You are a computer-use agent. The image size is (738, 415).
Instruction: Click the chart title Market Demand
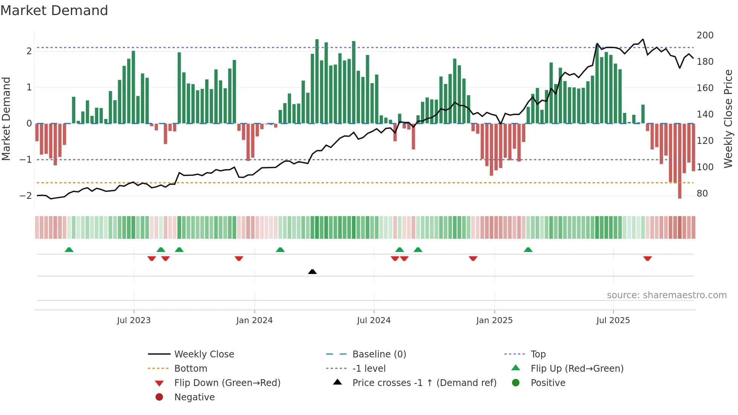54,11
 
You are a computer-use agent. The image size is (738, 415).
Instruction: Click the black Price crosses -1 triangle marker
312,272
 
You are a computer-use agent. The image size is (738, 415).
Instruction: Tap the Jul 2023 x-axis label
134,320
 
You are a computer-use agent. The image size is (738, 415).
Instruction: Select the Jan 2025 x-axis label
494,320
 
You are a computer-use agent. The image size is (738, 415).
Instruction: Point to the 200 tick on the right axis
705,35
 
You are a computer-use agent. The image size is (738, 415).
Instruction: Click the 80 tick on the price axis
702,194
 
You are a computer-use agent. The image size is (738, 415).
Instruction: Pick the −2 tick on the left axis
26,196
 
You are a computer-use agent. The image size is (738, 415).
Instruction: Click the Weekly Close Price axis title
728,119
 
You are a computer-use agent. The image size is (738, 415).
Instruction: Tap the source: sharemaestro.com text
666,295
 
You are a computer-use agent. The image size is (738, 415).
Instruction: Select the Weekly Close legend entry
204,354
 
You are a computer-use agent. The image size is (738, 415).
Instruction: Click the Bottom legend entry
191,369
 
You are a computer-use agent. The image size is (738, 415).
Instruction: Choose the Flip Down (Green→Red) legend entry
227,383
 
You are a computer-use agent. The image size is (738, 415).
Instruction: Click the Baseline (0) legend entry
379,354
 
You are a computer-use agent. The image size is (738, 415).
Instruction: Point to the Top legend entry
538,354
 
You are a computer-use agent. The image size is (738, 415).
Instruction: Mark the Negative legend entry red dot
159,397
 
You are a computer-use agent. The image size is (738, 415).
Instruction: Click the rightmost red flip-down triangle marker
647,258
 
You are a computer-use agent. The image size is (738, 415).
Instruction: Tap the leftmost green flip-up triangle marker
69,250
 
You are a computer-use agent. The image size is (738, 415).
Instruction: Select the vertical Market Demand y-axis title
6,119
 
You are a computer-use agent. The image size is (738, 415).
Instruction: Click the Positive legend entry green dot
516,383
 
